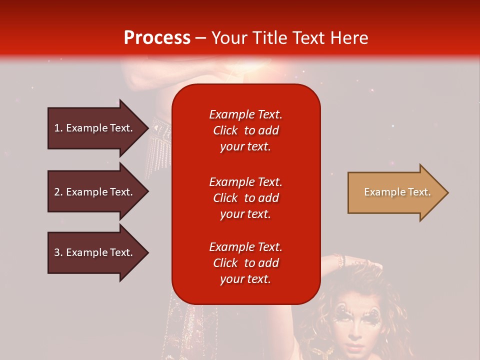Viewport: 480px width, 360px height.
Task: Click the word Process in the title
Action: click(157, 38)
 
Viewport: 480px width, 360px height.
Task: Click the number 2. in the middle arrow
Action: click(58, 192)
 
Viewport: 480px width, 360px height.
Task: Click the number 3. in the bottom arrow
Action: click(58, 252)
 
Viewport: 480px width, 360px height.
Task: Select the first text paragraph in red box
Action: click(245, 130)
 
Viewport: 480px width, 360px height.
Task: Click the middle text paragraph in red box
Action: click(245, 198)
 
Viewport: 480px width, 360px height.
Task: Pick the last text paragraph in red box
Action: click(245, 263)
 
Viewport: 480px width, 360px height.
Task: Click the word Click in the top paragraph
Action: click(225, 130)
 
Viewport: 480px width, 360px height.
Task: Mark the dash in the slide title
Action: click(200, 38)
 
